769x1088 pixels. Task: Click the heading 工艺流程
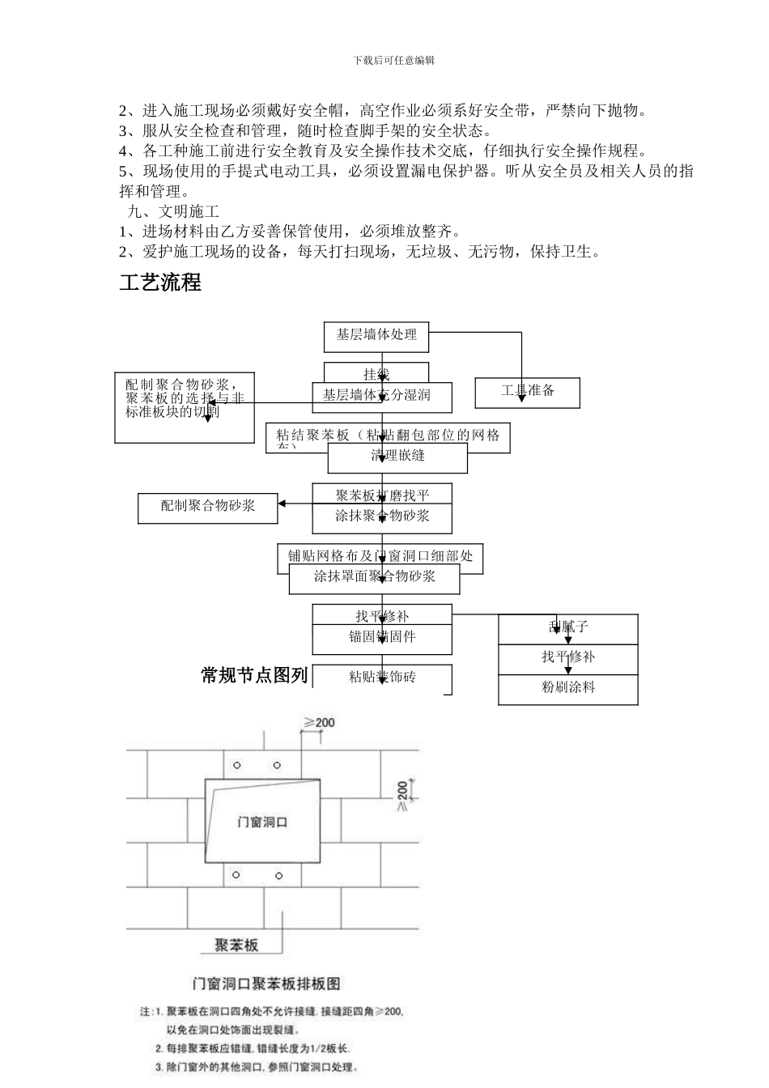pos(160,283)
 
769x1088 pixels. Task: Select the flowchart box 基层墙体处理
pos(376,334)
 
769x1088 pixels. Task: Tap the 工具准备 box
pos(528,391)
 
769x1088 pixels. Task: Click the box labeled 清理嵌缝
pos(397,458)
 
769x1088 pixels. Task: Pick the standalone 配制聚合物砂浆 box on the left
pos(208,506)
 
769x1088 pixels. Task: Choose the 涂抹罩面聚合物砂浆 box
pos(375,578)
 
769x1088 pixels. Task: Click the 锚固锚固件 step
pos(382,637)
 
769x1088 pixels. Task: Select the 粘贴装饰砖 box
pos(382,678)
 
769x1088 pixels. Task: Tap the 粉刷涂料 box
pos(567,688)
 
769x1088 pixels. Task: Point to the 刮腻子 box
pos(567,627)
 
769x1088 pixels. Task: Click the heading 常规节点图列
pos(254,675)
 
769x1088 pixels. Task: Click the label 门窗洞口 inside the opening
pos(262,822)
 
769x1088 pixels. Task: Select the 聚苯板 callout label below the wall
pos(236,945)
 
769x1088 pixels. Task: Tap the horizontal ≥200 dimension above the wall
pos(319,722)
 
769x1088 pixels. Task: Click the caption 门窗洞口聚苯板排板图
pos(266,984)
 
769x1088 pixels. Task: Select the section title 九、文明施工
pos(173,212)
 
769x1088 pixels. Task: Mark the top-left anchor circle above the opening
pos(236,765)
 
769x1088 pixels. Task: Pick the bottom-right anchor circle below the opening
pos(278,876)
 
